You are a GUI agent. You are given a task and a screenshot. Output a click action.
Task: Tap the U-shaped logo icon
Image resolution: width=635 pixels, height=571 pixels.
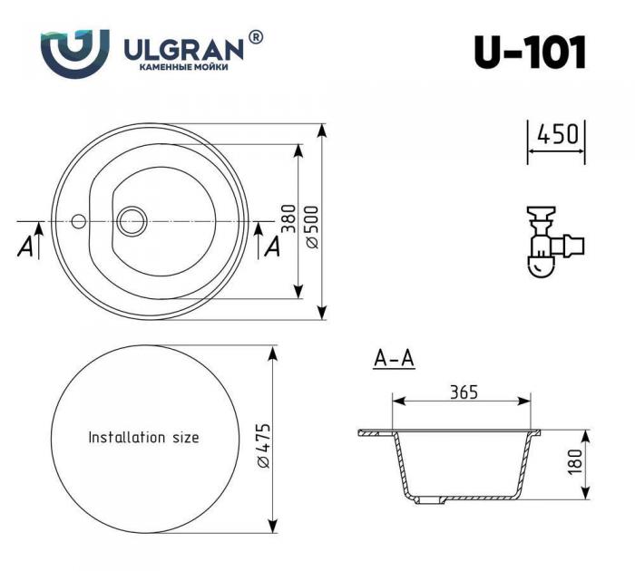click(74, 53)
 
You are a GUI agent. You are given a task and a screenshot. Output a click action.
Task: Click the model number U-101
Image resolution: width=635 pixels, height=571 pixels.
click(530, 53)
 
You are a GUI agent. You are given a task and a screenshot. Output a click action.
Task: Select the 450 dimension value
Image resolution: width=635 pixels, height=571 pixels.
click(557, 134)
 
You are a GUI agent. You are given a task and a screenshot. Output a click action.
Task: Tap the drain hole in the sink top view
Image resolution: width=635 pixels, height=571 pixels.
click(132, 219)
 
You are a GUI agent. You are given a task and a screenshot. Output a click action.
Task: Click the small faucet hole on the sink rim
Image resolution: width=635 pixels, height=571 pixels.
click(79, 220)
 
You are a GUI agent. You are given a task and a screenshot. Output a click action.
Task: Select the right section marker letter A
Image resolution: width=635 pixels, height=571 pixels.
click(270, 246)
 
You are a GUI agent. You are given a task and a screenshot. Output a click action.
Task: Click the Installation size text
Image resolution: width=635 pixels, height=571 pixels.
click(143, 437)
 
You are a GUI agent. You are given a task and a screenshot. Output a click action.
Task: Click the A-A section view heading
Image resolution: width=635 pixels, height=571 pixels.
click(394, 359)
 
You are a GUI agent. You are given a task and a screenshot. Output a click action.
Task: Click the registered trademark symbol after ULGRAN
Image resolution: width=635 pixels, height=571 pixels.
click(255, 36)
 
